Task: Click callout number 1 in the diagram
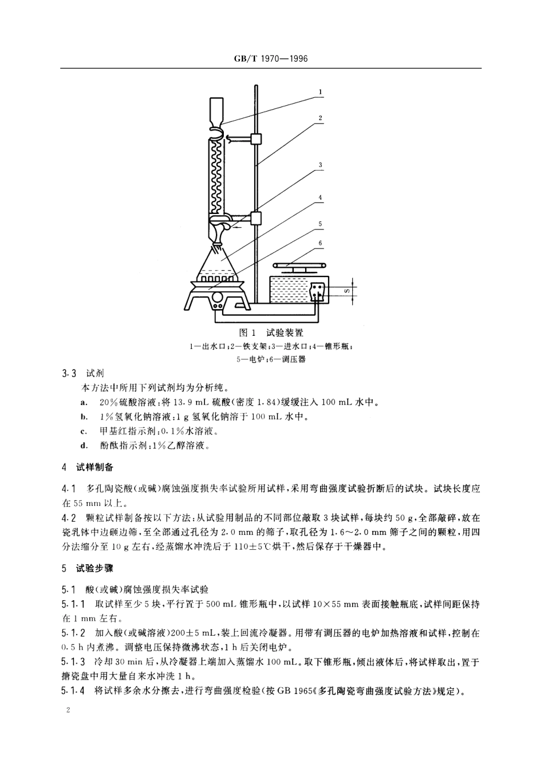[321, 92]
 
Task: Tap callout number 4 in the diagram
[321, 198]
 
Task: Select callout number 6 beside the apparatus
[321, 243]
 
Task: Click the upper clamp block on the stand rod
[256, 138]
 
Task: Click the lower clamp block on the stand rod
[256, 218]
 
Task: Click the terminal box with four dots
[317, 290]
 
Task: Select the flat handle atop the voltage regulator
[297, 266]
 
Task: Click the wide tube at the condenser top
[216, 110]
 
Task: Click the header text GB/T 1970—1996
[271, 59]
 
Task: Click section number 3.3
[69, 373]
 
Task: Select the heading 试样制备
[95, 467]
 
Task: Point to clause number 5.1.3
[73, 662]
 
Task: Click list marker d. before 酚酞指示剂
[84, 446]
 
